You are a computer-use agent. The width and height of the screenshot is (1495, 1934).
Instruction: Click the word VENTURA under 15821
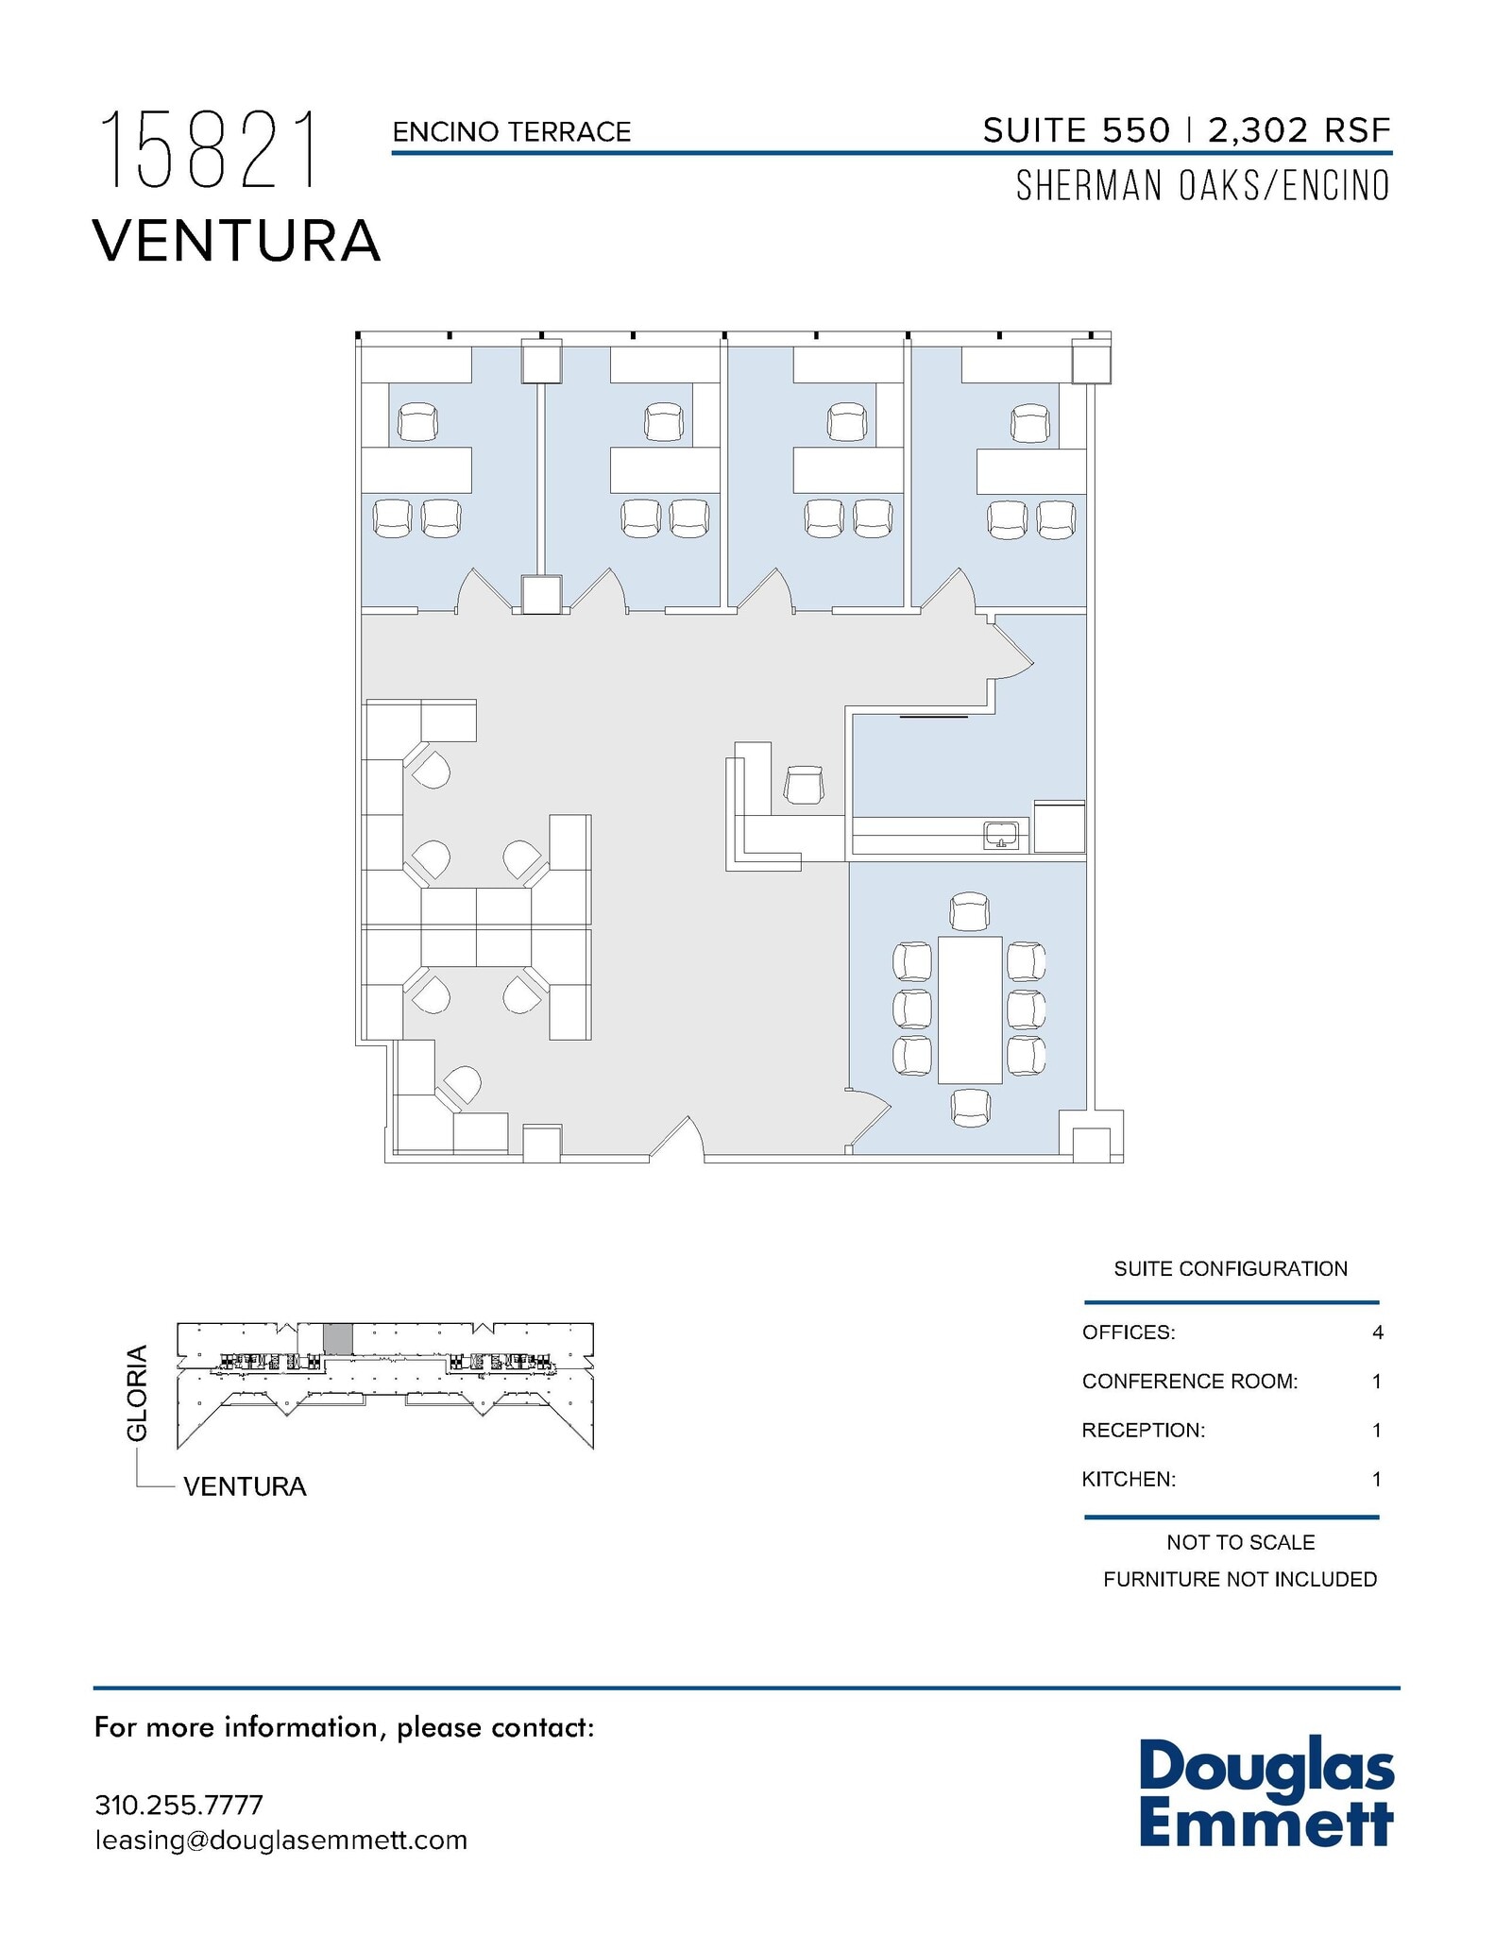click(237, 241)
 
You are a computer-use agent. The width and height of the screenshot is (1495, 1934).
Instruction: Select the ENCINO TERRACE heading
click(511, 132)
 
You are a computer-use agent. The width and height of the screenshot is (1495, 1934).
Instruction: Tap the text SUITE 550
click(1076, 130)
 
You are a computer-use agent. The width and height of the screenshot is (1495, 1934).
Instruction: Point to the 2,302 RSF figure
click(1299, 130)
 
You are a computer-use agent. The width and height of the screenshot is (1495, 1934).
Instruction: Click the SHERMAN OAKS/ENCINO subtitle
click(1202, 186)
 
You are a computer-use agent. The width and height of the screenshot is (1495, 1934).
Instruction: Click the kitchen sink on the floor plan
click(1001, 835)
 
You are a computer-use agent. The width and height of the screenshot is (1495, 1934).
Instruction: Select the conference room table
click(969, 1009)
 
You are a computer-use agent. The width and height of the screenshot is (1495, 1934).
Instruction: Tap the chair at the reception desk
click(804, 785)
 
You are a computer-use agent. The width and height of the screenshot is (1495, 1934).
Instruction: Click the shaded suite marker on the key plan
click(338, 1339)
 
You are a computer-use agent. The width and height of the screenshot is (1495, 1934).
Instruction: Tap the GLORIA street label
click(138, 1392)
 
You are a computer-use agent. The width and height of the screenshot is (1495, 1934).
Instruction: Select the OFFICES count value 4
click(1377, 1332)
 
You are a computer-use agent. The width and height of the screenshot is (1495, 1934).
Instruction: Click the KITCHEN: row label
click(1129, 1479)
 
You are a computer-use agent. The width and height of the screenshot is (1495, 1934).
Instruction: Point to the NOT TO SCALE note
click(1240, 1542)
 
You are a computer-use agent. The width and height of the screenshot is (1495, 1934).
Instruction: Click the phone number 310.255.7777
click(178, 1805)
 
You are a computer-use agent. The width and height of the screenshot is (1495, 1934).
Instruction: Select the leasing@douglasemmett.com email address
click(280, 1841)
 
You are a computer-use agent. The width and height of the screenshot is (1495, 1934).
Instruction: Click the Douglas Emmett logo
click(1266, 1793)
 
